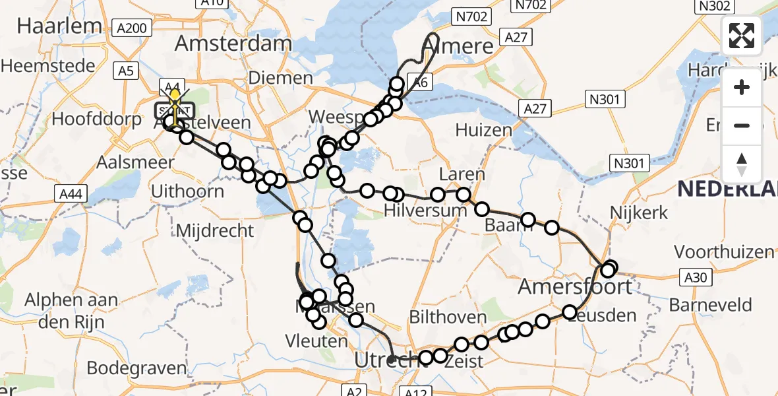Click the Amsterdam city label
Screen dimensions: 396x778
coord(233,44)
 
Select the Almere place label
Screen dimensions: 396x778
coord(460,46)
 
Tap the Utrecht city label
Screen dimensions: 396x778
coord(382,360)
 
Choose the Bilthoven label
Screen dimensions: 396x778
coord(448,317)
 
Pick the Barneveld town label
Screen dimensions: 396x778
coord(710,305)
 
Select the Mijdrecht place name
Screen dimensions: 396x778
coord(215,231)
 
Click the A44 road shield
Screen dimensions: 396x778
coord(69,193)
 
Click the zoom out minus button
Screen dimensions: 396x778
coord(742,125)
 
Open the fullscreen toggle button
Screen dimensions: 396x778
coord(742,36)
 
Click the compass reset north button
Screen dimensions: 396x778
coord(742,164)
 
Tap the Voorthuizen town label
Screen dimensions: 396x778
coord(724,252)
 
